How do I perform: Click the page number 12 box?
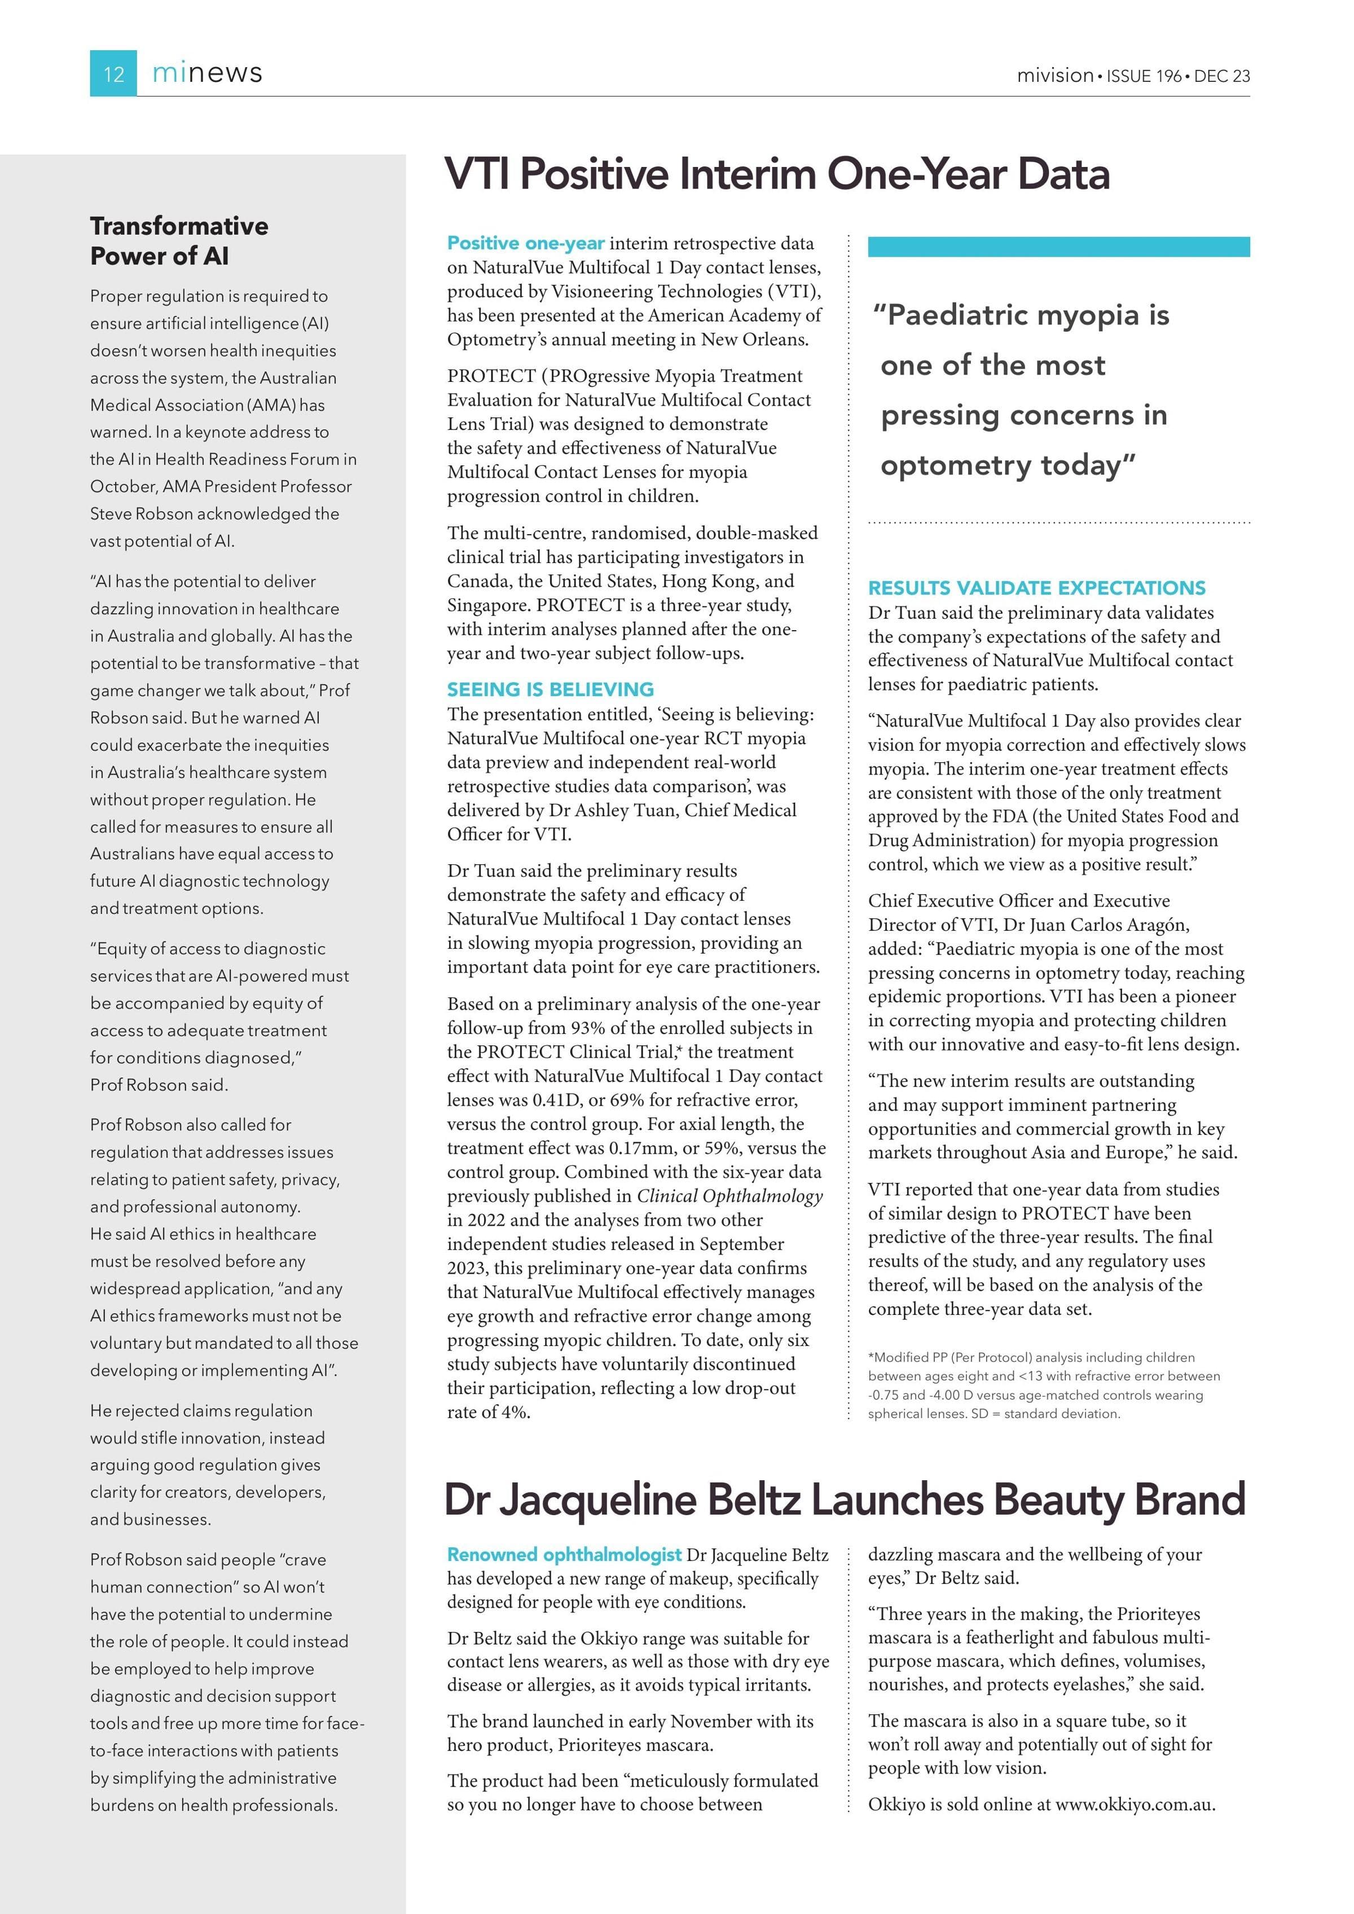pyautogui.click(x=113, y=73)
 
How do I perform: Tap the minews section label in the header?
pyautogui.click(x=207, y=73)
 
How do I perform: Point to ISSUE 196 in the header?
pyautogui.click(x=1144, y=76)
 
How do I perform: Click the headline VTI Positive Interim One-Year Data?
pyautogui.click(x=776, y=174)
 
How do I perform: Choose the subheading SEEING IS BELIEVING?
pyautogui.click(x=550, y=689)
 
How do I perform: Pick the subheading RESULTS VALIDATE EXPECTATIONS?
pyautogui.click(x=1036, y=588)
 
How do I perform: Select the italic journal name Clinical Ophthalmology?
pyautogui.click(x=729, y=1196)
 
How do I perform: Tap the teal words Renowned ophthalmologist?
pyautogui.click(x=564, y=1555)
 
